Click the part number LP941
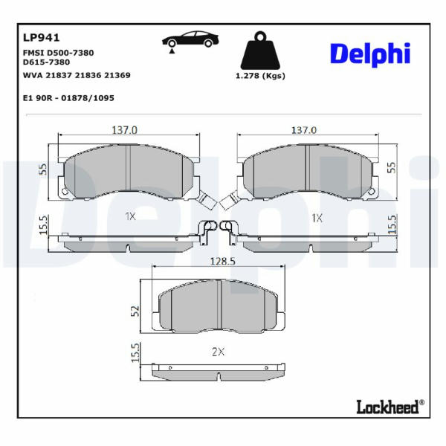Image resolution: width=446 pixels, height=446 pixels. pyautogui.click(x=41, y=38)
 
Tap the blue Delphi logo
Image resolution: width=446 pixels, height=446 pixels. pyautogui.click(x=370, y=54)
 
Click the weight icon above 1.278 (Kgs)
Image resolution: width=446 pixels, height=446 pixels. pyautogui.click(x=260, y=51)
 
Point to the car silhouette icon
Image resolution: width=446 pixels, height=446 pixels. pyautogui.click(x=190, y=40)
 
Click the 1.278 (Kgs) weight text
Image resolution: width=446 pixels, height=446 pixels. pyautogui.click(x=260, y=76)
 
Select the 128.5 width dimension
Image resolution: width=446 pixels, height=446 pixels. pyautogui.click(x=222, y=261)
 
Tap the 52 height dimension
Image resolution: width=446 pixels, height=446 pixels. pyautogui.click(x=135, y=311)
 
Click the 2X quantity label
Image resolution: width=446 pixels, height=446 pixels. pyautogui.click(x=218, y=352)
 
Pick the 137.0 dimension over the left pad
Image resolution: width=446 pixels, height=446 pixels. pyautogui.click(x=125, y=130)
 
